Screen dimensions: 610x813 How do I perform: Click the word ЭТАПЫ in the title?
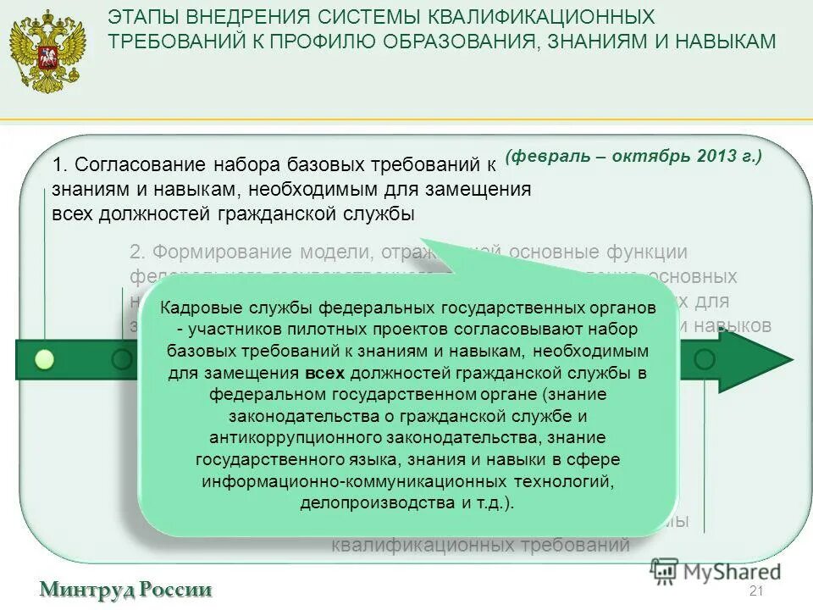149,17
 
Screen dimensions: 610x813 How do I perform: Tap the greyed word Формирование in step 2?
215,252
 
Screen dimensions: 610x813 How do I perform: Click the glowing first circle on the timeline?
45,359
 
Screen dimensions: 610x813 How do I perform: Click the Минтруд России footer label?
124,590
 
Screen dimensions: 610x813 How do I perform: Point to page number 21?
756,591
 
